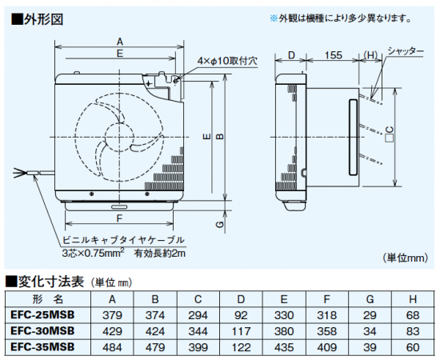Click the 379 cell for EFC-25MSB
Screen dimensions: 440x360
[112, 315]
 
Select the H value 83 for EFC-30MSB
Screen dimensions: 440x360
[413, 331]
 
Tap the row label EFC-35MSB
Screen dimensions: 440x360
[42, 347]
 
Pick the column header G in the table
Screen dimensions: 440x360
[370, 299]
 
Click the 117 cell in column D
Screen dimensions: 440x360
[241, 331]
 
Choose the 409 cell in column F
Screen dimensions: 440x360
[326, 347]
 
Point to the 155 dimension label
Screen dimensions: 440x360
[334, 55]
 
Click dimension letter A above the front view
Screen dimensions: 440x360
[120, 42]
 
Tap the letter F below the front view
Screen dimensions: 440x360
[119, 218]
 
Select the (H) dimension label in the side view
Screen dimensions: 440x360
[370, 55]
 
